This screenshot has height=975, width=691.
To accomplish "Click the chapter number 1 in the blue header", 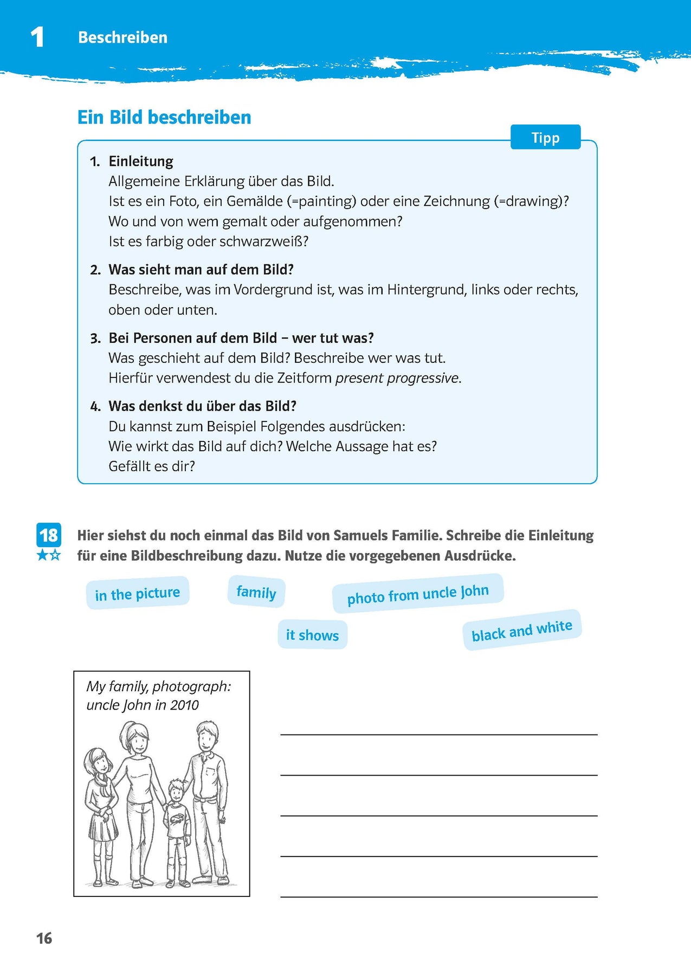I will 37,37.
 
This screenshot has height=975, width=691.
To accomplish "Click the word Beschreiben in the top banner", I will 122,37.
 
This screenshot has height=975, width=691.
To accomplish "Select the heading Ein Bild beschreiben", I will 164,117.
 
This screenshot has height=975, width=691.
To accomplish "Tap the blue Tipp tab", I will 545,138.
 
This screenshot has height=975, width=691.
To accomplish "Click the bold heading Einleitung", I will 141,161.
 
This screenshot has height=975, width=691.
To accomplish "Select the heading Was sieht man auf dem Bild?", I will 201,270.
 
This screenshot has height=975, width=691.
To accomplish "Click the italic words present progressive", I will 397,378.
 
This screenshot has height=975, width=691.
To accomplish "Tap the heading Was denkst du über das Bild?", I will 202,406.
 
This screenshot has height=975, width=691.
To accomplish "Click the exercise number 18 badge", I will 49,535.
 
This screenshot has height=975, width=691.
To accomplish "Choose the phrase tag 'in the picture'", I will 137,594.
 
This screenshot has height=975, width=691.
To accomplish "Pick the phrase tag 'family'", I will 256,592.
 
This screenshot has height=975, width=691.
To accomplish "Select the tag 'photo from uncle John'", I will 418,594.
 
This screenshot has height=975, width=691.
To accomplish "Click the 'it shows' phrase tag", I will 312,635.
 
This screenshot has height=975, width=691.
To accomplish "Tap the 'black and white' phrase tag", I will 521,630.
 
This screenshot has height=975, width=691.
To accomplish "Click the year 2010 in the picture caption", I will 184,705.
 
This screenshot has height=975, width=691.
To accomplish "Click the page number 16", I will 44,938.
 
